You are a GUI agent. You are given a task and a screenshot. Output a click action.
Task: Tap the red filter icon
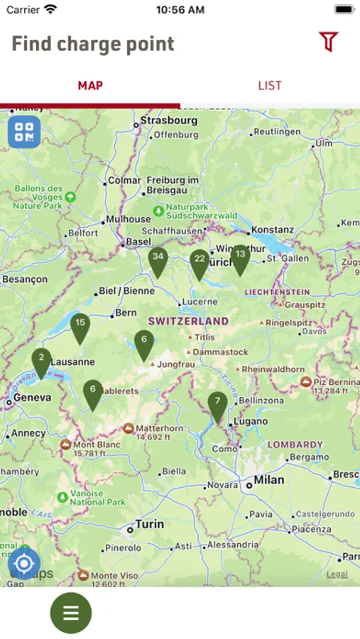pyautogui.click(x=328, y=42)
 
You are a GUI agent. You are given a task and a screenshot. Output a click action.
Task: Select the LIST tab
pyautogui.click(x=270, y=86)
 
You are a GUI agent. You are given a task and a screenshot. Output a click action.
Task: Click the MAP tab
pyautogui.click(x=90, y=86)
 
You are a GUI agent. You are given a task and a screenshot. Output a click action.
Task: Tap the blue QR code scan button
pyautogui.click(x=24, y=131)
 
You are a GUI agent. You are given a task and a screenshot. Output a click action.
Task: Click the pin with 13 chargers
pyautogui.click(x=240, y=258)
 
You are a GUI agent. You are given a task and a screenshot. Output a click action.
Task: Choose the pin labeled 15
pyautogui.click(x=80, y=327)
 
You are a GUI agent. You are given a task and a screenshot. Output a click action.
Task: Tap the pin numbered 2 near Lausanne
pyautogui.click(x=41, y=361)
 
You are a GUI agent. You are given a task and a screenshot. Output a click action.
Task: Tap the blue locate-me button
pyautogui.click(x=24, y=564)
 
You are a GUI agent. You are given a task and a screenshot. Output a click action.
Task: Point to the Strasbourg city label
pyautogui.click(x=168, y=121)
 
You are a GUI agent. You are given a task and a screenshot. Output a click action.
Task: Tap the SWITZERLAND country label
pyautogui.click(x=188, y=321)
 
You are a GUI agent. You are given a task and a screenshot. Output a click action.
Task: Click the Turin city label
pyautogui.click(x=149, y=525)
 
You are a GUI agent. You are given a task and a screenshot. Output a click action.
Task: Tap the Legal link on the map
pyautogui.click(x=337, y=574)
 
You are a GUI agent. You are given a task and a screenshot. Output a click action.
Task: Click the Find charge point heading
pyautogui.click(x=93, y=44)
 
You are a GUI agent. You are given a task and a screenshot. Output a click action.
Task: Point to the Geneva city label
pyautogui.click(x=33, y=398)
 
